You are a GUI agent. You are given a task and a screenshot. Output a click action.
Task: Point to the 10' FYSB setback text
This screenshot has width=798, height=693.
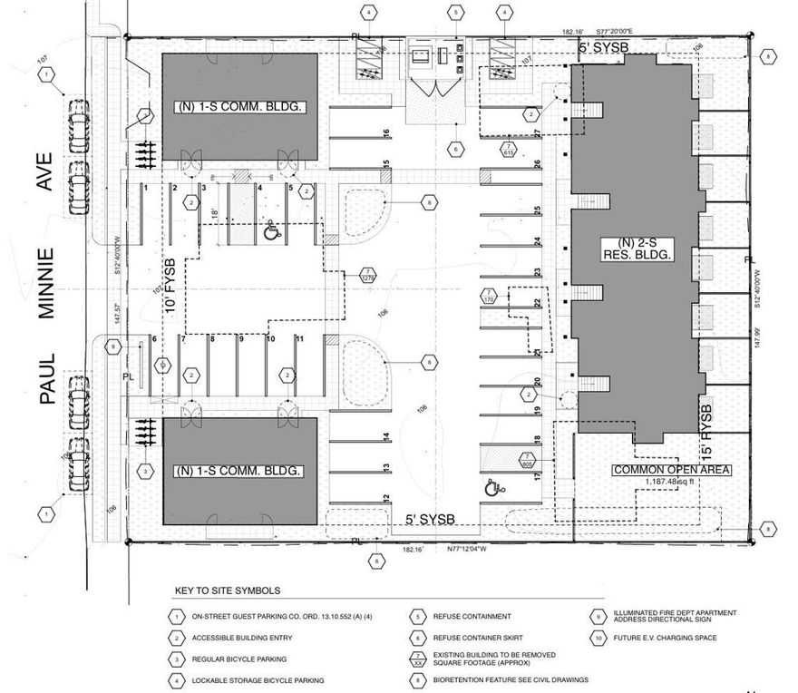pyautogui.click(x=170, y=280)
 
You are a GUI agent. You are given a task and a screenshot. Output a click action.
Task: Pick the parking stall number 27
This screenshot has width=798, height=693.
pyautogui.click(x=538, y=134)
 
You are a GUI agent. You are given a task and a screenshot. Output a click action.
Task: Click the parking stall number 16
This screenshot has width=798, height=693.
pyautogui.click(x=386, y=133)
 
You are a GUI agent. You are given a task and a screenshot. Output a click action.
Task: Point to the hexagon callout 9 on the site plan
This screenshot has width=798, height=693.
pyautogui.click(x=113, y=346)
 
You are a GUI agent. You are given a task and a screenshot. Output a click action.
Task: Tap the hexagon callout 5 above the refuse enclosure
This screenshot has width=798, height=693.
pyautogui.click(x=457, y=13)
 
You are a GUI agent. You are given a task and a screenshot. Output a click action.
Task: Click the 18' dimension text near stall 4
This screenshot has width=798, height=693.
pyautogui.click(x=215, y=213)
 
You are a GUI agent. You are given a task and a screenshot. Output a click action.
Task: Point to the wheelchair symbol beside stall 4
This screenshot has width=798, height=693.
pyautogui.click(x=270, y=233)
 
